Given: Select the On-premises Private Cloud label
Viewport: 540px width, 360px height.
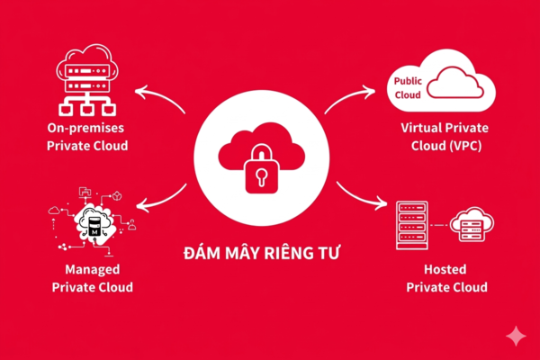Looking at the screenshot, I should tap(87, 138).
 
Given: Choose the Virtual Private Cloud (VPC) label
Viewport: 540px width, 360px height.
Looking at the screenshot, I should tap(446, 138).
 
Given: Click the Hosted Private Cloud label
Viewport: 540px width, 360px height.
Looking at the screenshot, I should tap(447, 278).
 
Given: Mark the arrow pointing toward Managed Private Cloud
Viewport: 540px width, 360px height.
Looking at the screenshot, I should tap(162, 200).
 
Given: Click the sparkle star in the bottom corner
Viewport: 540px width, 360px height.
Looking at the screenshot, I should tap(516, 335).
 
